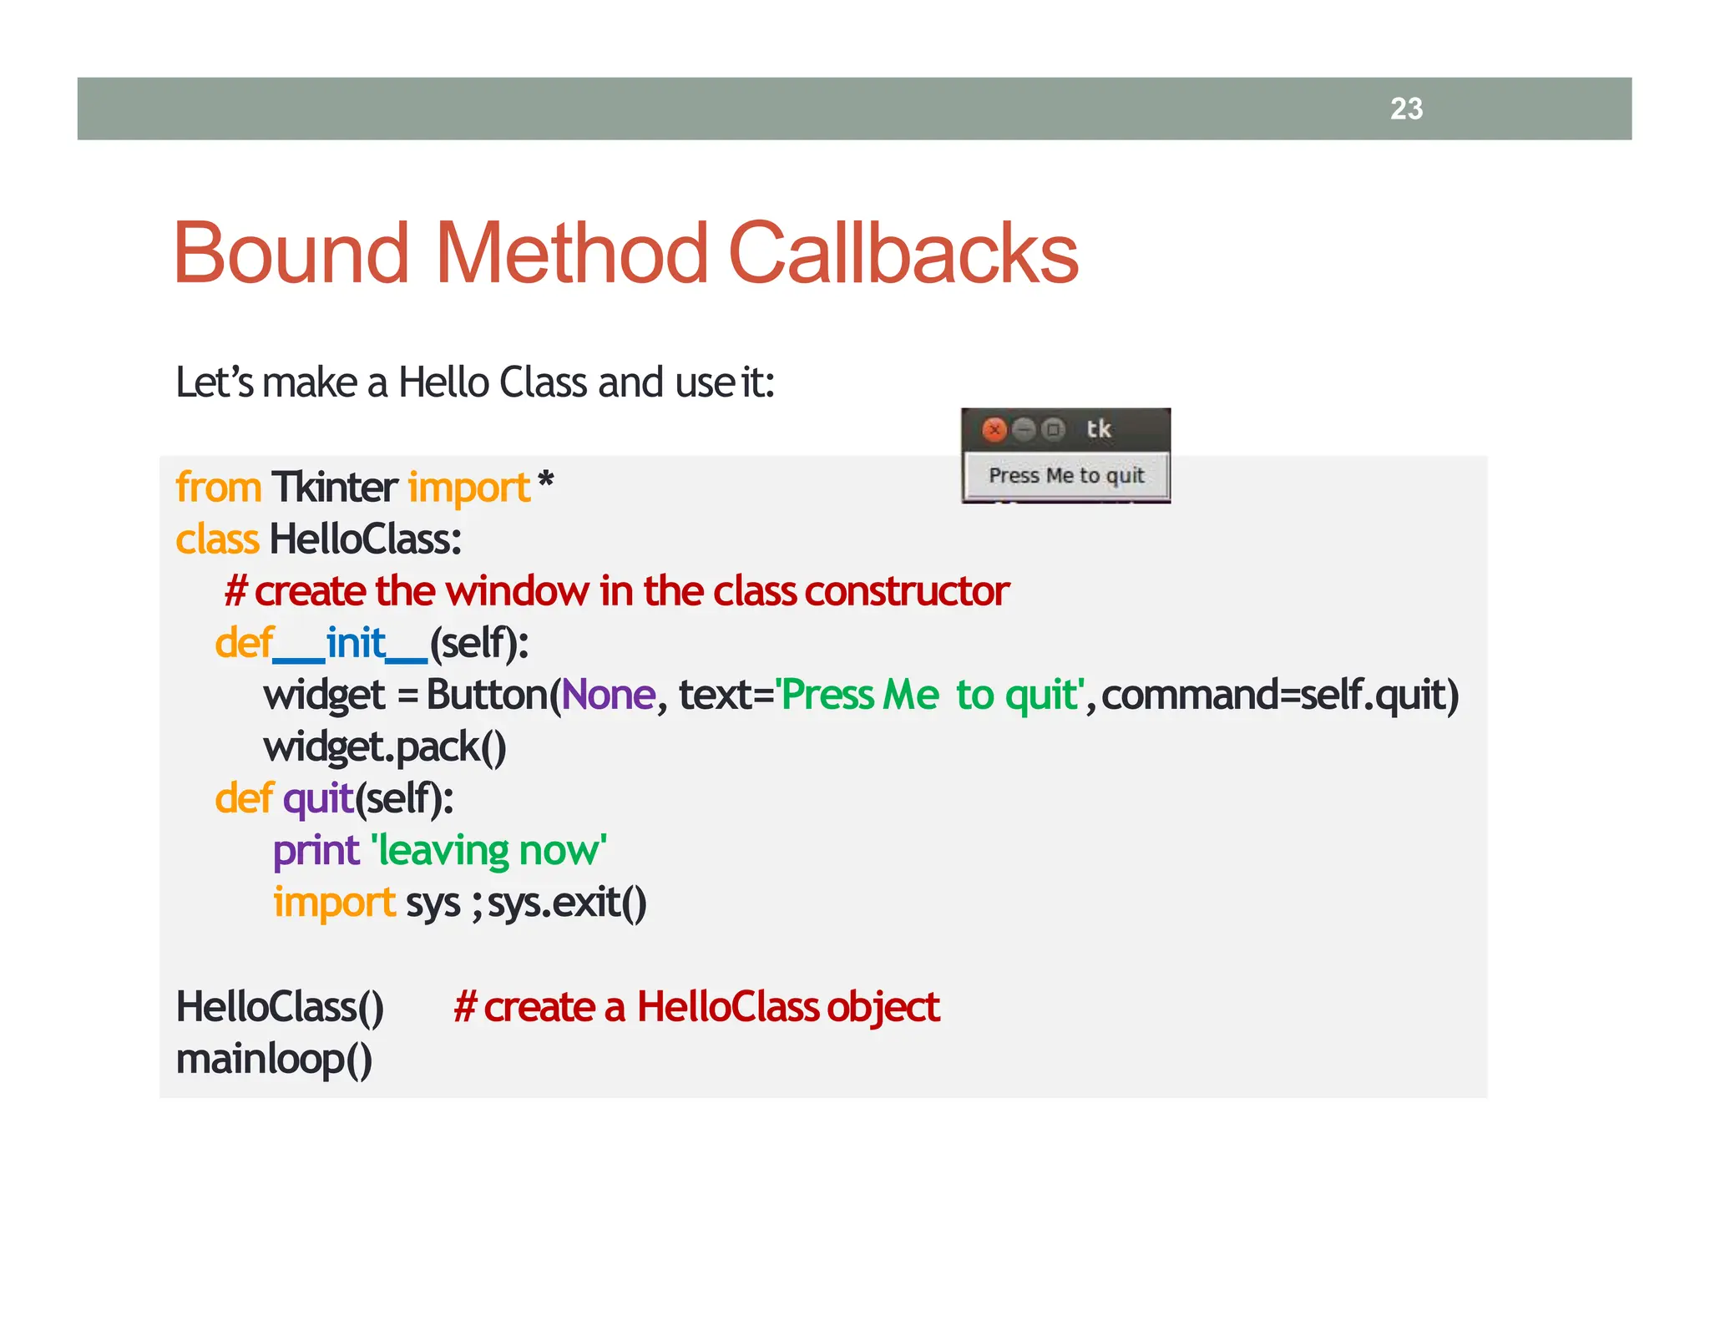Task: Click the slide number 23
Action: coord(1406,109)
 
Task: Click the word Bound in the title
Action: coord(291,253)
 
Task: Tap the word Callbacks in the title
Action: coord(903,253)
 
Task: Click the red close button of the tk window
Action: coord(994,429)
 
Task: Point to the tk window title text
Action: coord(1098,429)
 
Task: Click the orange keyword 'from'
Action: coord(219,487)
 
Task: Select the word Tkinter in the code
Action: coord(335,487)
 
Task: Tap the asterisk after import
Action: coord(545,482)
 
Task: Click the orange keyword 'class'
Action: coord(217,539)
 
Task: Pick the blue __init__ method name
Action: coord(351,644)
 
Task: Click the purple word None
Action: coord(609,695)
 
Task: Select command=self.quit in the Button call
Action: coord(1280,695)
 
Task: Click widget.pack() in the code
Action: coord(385,747)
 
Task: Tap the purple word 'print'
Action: coord(316,851)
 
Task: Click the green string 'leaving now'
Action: coord(489,851)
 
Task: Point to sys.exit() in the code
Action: coord(567,903)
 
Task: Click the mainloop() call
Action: coord(274,1059)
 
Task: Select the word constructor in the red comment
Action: coord(908,591)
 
